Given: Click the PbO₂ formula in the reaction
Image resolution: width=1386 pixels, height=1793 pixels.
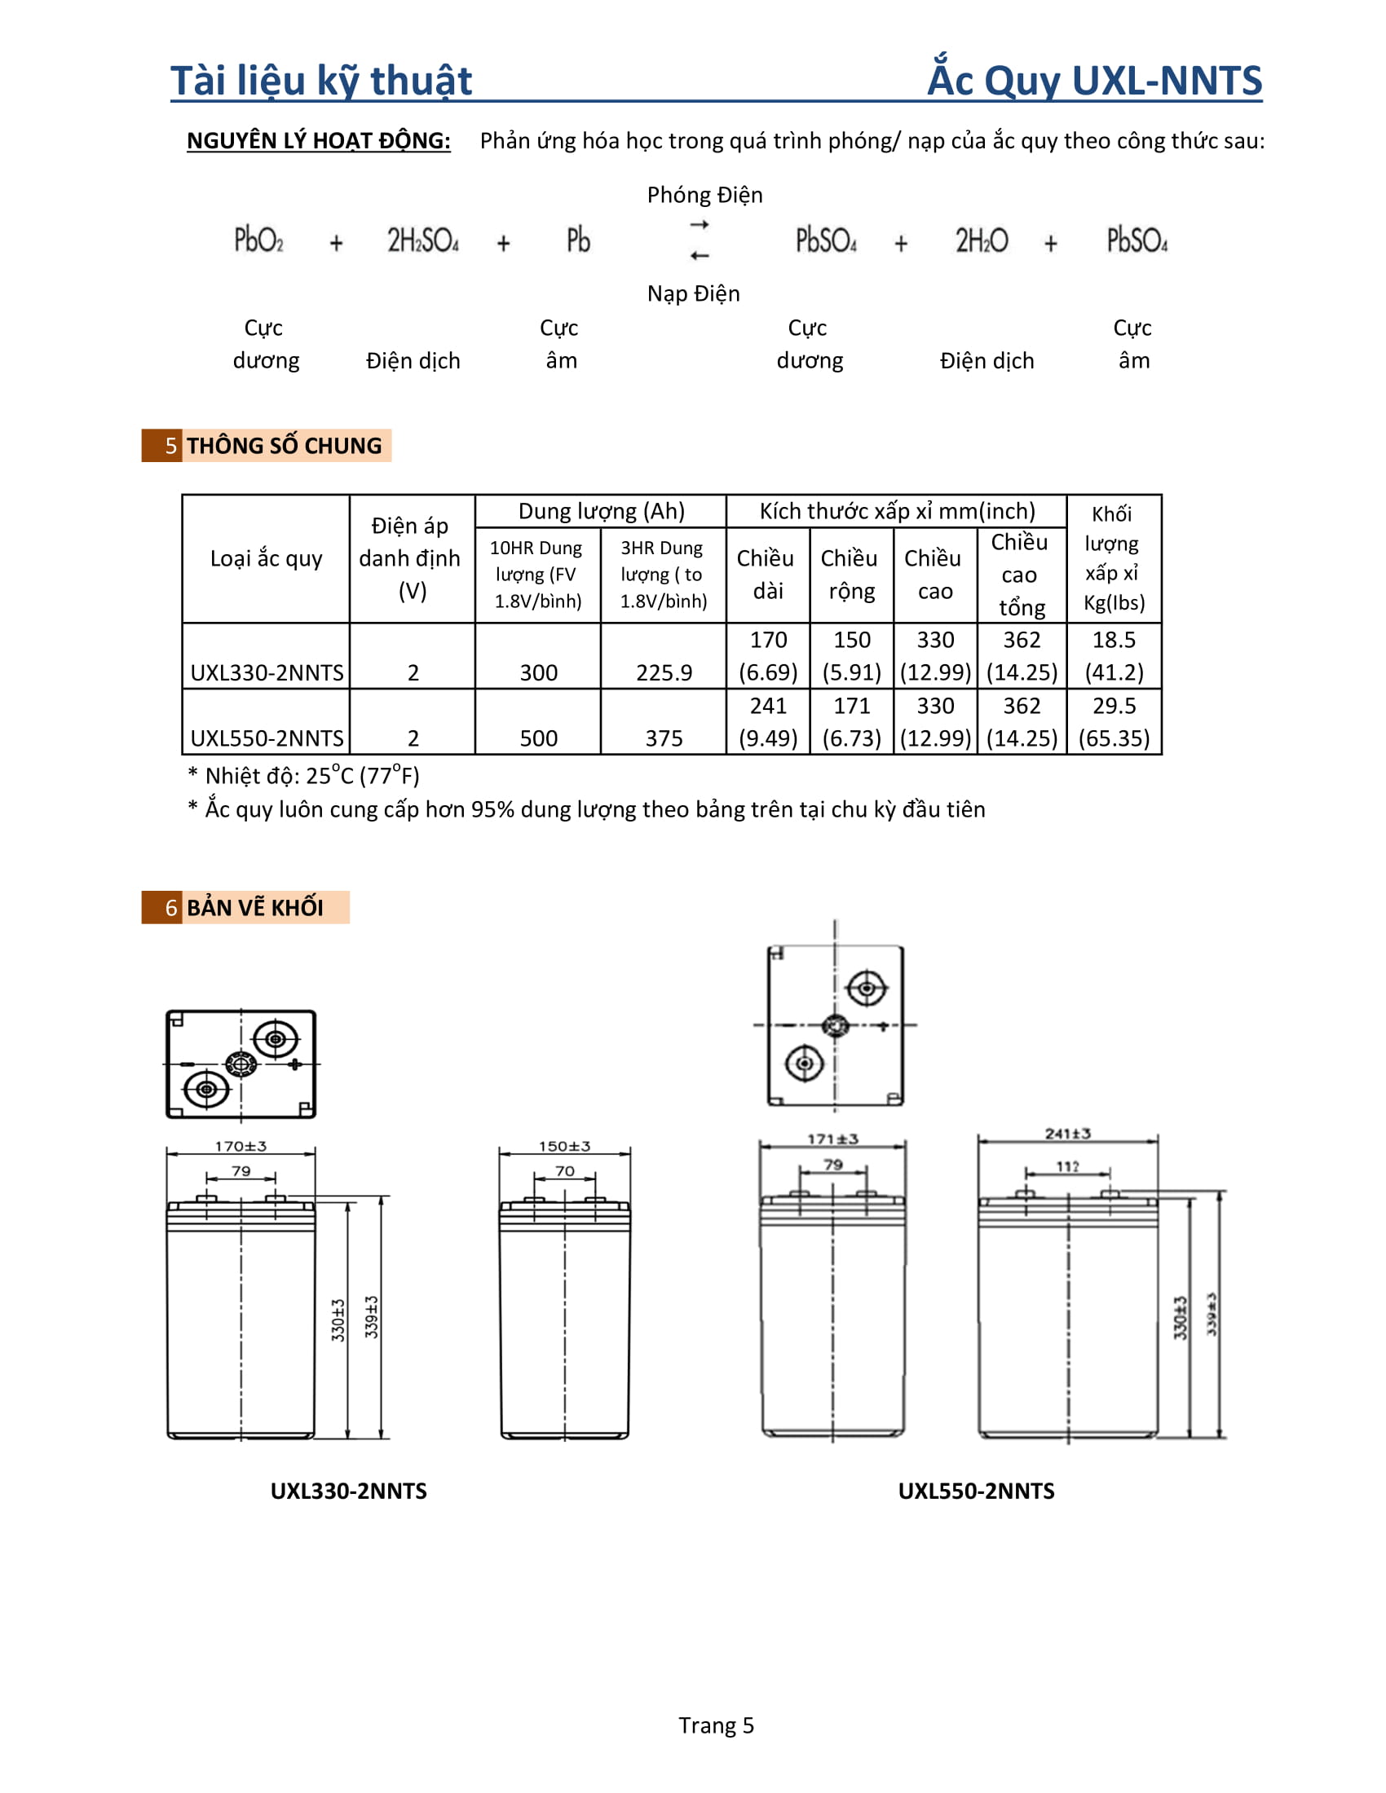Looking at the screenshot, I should pyautogui.click(x=258, y=240).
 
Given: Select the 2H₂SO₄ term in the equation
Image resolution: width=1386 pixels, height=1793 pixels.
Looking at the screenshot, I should pyautogui.click(x=423, y=240).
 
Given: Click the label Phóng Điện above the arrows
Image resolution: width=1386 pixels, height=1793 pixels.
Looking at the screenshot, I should pyautogui.click(x=704, y=196).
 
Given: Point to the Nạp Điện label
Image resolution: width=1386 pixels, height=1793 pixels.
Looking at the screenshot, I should pyautogui.click(x=693, y=294).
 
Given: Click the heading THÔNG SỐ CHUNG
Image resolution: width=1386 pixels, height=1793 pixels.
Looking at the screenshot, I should pyautogui.click(x=283, y=446).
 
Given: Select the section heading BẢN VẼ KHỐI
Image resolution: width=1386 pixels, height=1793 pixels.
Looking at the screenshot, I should pyautogui.click(x=254, y=908).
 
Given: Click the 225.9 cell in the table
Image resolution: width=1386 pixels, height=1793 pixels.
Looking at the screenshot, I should pyautogui.click(x=664, y=672).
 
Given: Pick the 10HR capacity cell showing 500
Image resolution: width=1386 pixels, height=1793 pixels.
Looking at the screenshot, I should pyautogui.click(x=538, y=738).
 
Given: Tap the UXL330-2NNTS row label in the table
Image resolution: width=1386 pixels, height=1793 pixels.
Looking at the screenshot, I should pyautogui.click(x=267, y=672).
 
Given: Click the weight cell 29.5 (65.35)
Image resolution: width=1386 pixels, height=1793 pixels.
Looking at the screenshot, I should pyautogui.click(x=1114, y=721).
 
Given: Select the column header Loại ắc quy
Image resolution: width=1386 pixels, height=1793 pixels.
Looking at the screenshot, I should pyautogui.click(x=266, y=558).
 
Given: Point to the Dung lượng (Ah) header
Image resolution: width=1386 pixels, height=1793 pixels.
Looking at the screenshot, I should pyautogui.click(x=601, y=512).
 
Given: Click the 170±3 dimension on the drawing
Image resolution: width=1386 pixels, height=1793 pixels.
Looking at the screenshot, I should pyautogui.click(x=241, y=1146).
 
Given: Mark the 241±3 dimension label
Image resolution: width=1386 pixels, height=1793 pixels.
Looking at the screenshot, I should pyautogui.click(x=1067, y=1134).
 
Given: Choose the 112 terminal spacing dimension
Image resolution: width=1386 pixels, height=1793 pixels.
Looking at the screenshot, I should pyautogui.click(x=1067, y=1166).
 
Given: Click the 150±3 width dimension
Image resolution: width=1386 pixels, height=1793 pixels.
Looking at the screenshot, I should pyautogui.click(x=564, y=1146).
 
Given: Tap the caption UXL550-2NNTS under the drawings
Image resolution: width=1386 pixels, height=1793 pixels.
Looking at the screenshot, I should pyautogui.click(x=975, y=1491).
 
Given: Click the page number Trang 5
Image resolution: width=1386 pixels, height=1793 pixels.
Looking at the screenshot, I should pyautogui.click(x=715, y=1725).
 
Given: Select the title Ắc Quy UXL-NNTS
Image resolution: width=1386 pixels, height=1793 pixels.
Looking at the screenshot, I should pyautogui.click(x=1093, y=81).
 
